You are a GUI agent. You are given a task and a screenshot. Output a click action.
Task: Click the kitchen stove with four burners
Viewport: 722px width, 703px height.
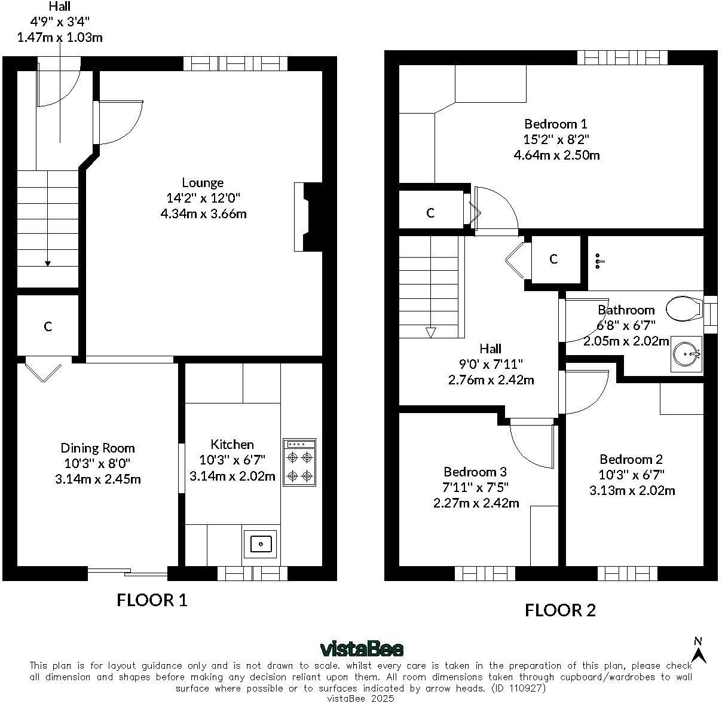299,462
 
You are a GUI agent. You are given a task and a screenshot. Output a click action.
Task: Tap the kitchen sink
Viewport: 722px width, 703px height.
260,544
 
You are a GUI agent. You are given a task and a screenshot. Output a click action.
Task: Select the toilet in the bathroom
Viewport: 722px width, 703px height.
684,308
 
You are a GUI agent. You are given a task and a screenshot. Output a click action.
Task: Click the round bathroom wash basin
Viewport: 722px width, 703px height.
686,354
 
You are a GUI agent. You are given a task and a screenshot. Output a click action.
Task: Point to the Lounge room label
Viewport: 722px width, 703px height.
203,182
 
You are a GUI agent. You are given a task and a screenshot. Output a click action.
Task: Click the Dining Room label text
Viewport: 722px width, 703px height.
97,448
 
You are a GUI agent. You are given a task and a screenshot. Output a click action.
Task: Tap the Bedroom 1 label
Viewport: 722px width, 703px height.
555,124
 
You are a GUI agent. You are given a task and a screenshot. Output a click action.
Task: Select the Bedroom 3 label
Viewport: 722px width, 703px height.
475,472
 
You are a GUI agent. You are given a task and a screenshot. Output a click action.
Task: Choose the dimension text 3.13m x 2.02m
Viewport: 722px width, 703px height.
632,491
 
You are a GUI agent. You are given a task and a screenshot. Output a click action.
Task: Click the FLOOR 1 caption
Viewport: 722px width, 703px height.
152,600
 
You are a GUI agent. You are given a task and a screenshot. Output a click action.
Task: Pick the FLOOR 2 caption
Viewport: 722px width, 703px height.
560,610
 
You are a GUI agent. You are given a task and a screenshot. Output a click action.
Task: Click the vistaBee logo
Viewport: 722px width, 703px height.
362,649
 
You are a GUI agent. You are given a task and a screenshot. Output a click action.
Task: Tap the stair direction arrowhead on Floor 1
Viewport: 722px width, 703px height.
48,264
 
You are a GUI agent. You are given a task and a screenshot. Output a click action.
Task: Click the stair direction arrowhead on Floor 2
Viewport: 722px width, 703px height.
430,332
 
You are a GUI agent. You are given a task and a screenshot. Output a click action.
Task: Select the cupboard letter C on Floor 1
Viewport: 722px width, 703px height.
48,326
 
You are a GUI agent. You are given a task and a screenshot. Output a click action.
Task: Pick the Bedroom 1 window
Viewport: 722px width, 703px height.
622,57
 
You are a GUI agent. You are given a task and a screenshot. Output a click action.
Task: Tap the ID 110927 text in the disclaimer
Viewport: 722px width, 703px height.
518,689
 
